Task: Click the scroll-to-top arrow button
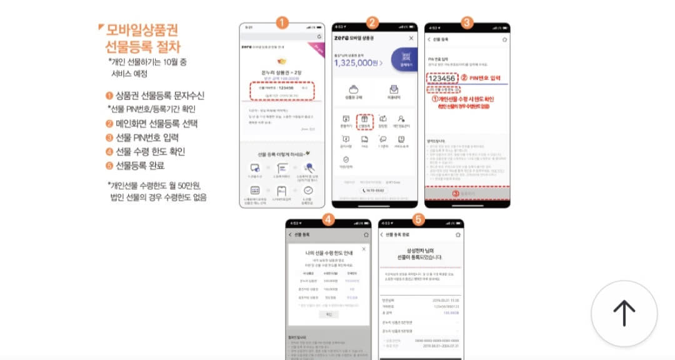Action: [624, 313]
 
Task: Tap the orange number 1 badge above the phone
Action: [281, 23]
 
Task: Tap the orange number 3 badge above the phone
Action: [467, 23]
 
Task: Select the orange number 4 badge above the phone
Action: [328, 219]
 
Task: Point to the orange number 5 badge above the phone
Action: [419, 219]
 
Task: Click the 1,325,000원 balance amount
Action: [357, 63]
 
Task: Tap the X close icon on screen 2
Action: [411, 38]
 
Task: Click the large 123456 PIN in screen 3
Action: [441, 79]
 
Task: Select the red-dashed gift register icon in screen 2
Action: [364, 121]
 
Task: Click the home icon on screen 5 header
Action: [457, 235]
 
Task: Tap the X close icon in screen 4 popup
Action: [364, 249]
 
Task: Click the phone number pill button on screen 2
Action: [374, 189]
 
